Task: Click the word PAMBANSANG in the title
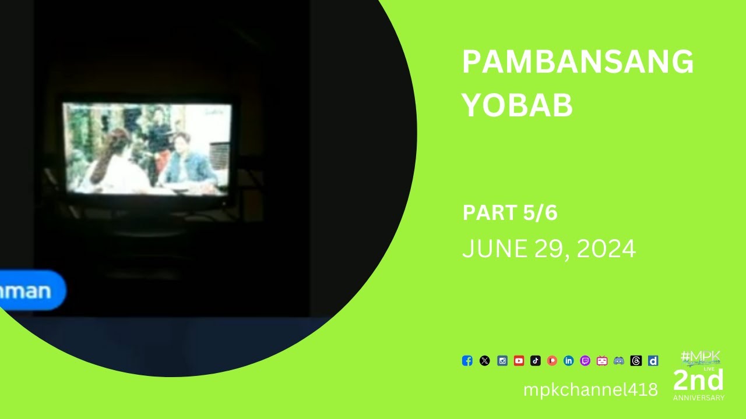tap(578, 62)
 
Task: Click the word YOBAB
tap(518, 105)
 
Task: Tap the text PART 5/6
tap(510, 213)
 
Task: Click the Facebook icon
tap(467, 361)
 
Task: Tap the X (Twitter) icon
tap(484, 361)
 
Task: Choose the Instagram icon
tap(502, 361)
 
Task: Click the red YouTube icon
tap(519, 361)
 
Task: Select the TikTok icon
tap(536, 361)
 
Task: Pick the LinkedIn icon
tap(569, 361)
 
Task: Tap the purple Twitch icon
tap(585, 361)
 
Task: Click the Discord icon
tap(619, 361)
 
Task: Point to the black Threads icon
tap(636, 361)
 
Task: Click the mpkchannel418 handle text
tap(590, 389)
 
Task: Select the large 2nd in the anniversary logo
tap(698, 381)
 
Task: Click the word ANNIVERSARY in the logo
tap(699, 398)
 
